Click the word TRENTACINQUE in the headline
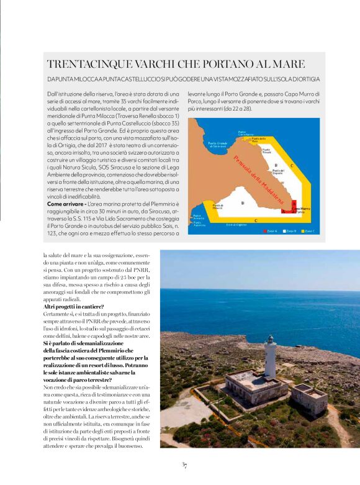(79, 64)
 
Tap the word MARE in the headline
(289, 64)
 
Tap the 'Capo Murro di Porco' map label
(304, 210)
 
